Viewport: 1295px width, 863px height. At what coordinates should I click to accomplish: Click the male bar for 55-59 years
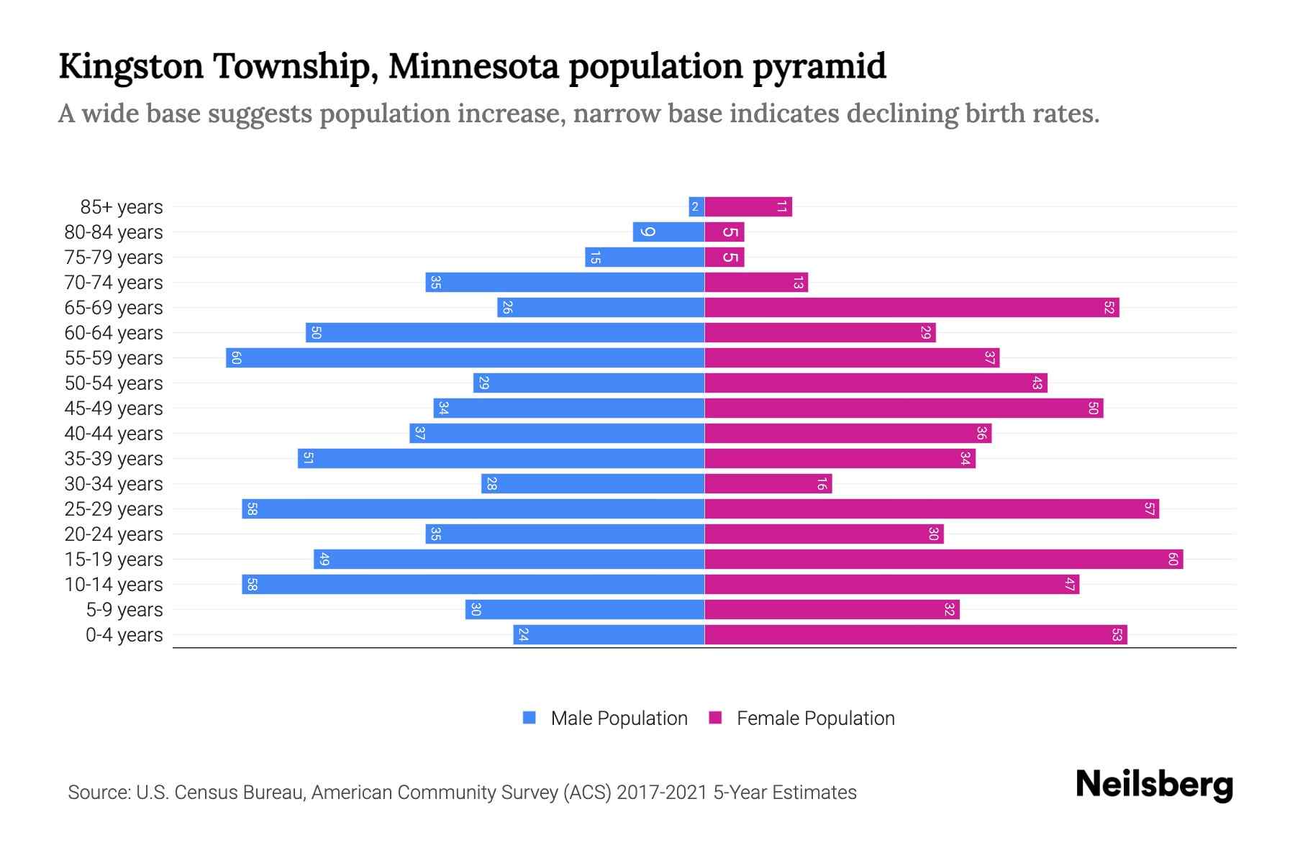pyautogui.click(x=465, y=357)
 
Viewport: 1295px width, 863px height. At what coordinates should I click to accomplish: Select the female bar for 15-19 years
pyautogui.click(x=943, y=559)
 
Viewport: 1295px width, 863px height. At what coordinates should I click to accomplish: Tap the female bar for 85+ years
pyautogui.click(x=748, y=206)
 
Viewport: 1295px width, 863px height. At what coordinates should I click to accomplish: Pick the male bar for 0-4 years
pyautogui.click(x=609, y=634)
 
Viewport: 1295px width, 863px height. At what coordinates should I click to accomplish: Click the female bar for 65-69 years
pyautogui.click(x=912, y=307)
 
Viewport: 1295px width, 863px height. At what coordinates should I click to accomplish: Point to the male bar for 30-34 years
pyautogui.click(x=593, y=483)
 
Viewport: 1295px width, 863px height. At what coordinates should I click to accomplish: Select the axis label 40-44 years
pyautogui.click(x=114, y=434)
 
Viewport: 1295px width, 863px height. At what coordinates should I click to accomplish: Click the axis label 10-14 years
pyautogui.click(x=114, y=585)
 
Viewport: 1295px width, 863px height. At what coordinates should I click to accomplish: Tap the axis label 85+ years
pyautogui.click(x=122, y=207)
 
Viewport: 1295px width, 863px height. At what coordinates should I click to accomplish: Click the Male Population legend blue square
pyautogui.click(x=530, y=718)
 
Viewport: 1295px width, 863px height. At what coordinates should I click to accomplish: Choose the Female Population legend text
pyautogui.click(x=815, y=718)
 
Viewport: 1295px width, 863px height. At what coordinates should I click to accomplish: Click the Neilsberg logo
pyautogui.click(x=1154, y=785)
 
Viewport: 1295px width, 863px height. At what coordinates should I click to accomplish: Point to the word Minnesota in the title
pyautogui.click(x=473, y=66)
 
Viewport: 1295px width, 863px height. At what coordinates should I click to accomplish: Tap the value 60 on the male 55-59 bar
pyautogui.click(x=236, y=357)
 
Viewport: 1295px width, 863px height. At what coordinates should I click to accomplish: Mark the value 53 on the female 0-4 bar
pyautogui.click(x=1117, y=634)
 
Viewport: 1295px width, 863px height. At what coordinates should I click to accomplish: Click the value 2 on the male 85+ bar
pyautogui.click(x=695, y=207)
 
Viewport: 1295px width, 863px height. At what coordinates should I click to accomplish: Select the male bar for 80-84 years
pyautogui.click(x=668, y=232)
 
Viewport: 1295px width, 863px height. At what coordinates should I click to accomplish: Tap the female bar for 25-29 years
pyautogui.click(x=932, y=508)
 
